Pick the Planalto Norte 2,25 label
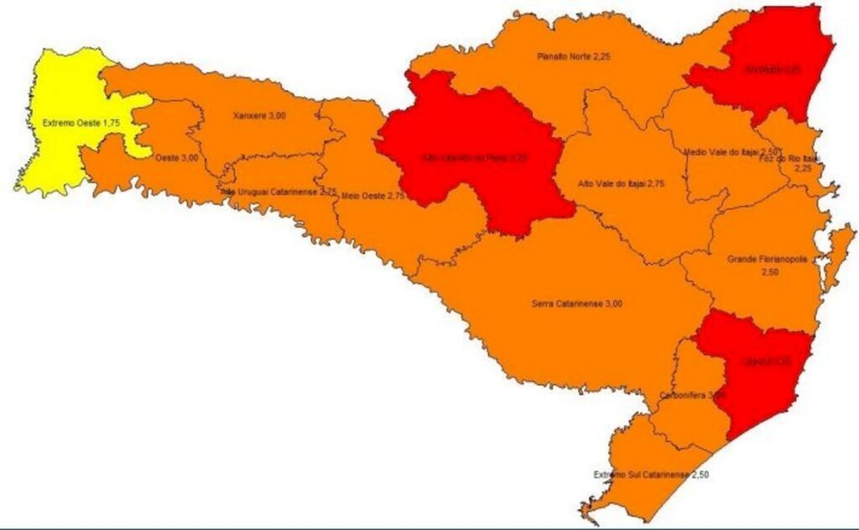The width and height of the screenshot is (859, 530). (x=573, y=56)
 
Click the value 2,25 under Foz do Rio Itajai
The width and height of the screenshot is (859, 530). (x=804, y=168)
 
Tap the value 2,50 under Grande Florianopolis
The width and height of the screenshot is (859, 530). (x=768, y=273)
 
